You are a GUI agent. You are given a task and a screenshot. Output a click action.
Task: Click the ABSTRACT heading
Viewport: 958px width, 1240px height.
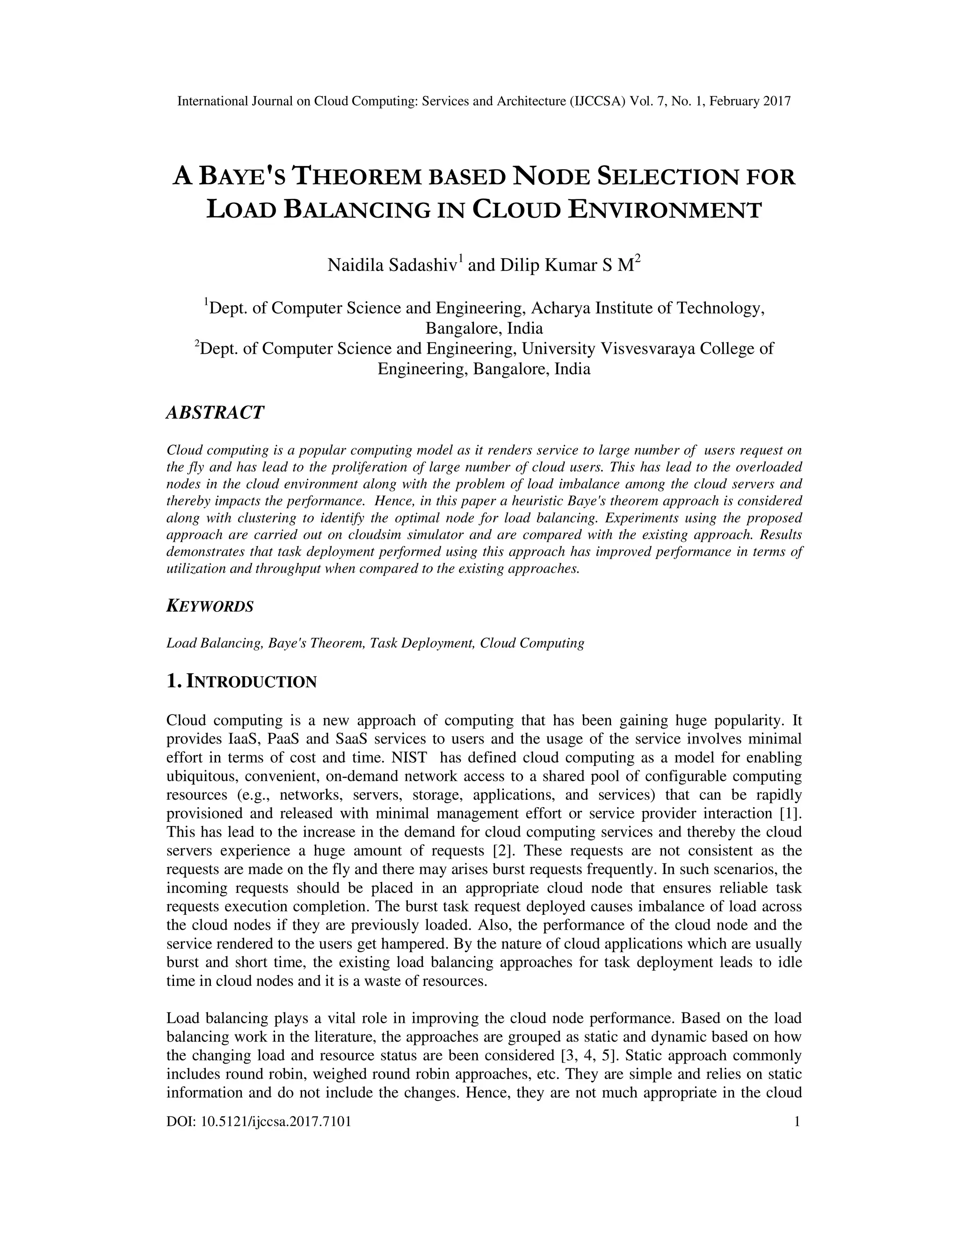tap(215, 413)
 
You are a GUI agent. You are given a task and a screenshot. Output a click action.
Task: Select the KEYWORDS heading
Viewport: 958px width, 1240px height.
tap(210, 606)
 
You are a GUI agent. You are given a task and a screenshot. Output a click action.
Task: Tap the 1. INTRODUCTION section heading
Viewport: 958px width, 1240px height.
tap(241, 681)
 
